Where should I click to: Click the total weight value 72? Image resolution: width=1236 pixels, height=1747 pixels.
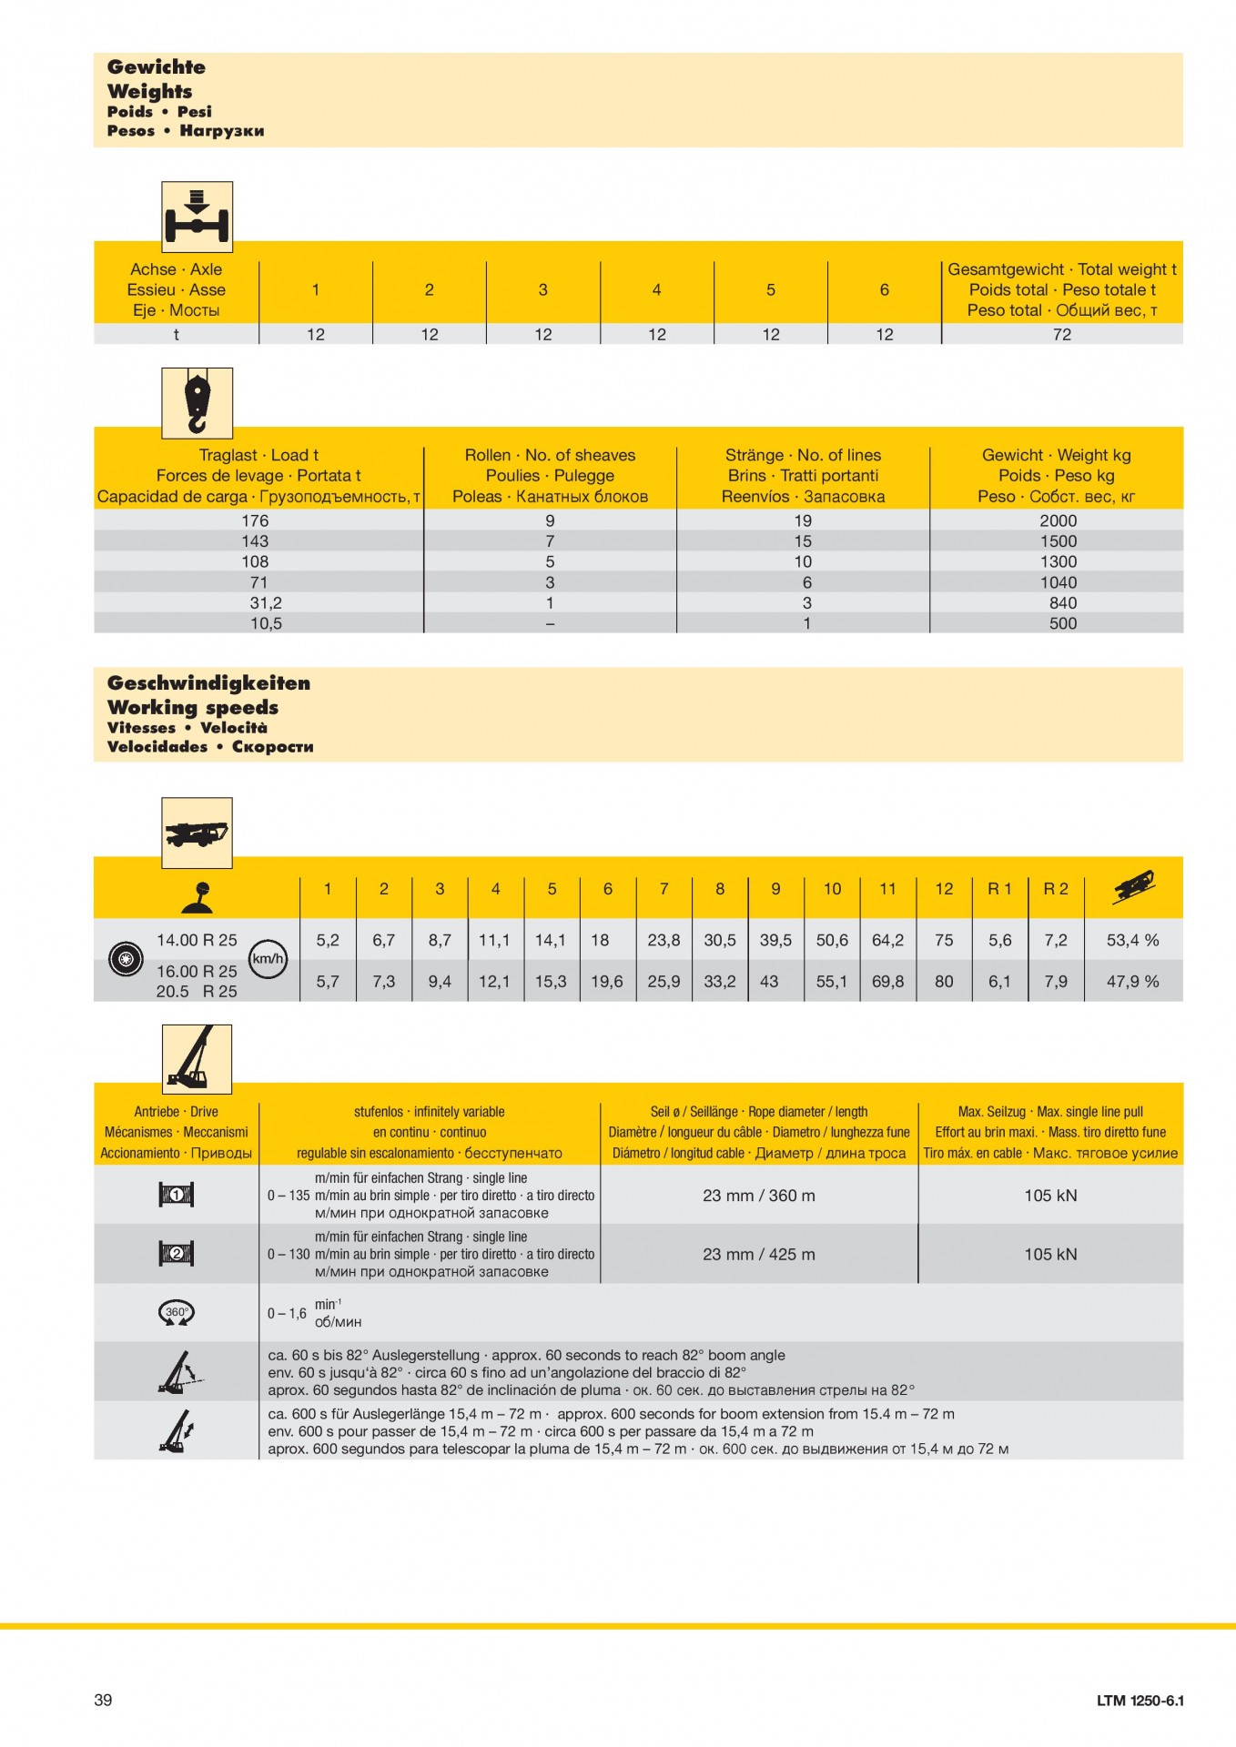(x=1061, y=334)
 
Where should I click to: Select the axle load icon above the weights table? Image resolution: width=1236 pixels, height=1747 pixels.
(x=197, y=217)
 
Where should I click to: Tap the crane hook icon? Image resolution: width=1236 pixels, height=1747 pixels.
(x=197, y=403)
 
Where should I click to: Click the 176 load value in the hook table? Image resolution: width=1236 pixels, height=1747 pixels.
(x=255, y=520)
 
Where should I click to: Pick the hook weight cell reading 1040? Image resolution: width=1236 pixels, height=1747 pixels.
(x=1058, y=582)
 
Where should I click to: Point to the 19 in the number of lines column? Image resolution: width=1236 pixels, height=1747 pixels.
(x=803, y=520)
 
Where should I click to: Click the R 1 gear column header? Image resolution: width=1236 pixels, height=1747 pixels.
(x=999, y=889)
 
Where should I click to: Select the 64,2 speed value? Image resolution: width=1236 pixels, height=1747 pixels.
(x=887, y=940)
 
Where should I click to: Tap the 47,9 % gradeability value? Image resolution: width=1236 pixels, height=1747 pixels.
(x=1132, y=981)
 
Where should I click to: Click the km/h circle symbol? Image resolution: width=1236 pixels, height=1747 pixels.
(x=268, y=958)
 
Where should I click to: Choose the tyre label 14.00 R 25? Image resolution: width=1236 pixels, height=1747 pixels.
(x=197, y=940)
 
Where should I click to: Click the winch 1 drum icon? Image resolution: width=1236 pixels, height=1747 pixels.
(x=177, y=1195)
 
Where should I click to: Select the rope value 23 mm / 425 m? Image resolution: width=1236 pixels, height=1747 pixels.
(x=759, y=1254)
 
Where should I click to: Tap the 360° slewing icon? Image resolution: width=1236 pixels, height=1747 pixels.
(x=177, y=1312)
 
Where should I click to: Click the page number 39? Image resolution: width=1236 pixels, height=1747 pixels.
(x=103, y=1700)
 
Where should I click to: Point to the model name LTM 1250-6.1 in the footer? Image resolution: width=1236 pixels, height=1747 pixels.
(x=1140, y=1700)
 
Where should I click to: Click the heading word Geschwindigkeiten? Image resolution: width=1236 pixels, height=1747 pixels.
(x=208, y=683)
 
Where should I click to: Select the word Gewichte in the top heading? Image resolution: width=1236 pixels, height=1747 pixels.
(x=157, y=66)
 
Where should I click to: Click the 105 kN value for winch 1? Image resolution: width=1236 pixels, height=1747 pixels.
(x=1050, y=1195)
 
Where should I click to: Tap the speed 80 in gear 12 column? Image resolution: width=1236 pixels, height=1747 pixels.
(x=944, y=981)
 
